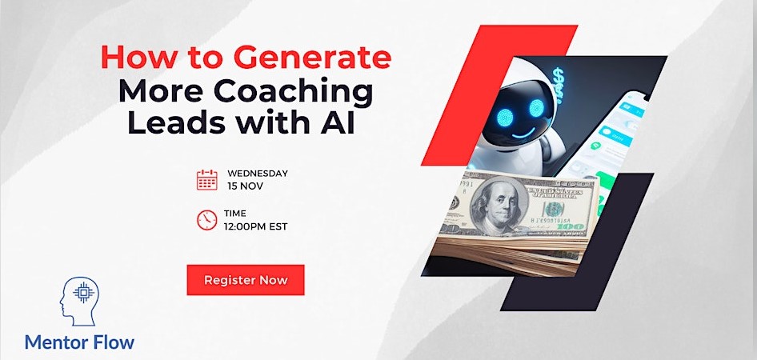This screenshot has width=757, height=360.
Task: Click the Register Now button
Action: [x=245, y=280]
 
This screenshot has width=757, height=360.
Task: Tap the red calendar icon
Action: [x=206, y=179]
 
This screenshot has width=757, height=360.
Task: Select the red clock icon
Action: [x=206, y=219]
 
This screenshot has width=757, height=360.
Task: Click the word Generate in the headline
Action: [x=312, y=58]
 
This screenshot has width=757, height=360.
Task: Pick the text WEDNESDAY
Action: [x=258, y=174]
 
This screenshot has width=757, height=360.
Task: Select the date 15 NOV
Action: [x=245, y=186]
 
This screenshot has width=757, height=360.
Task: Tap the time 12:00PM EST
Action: [x=255, y=226]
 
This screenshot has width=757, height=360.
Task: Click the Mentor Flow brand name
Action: [x=79, y=342]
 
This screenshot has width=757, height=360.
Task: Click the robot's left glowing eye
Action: [x=505, y=116]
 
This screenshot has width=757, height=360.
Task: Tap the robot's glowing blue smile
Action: [x=524, y=133]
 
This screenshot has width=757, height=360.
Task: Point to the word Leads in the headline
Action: [x=178, y=122]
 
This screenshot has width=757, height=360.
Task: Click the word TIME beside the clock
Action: [x=234, y=214]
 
